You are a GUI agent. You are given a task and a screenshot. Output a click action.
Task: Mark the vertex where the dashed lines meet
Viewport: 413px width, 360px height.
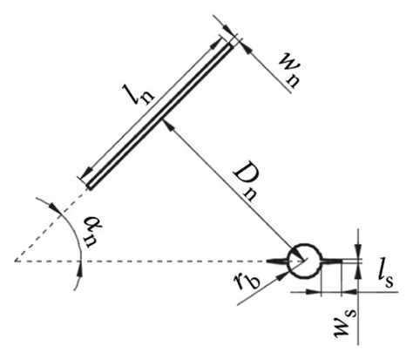click(15, 260)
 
